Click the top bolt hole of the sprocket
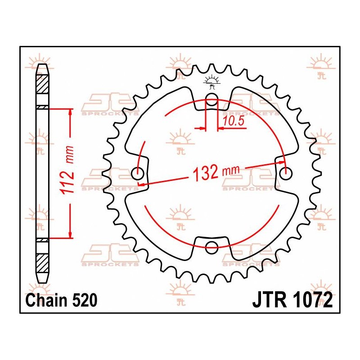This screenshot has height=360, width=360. coord(211,101)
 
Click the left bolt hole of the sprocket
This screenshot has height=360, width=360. coord(138,172)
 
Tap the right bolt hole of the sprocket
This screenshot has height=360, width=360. coord(285,172)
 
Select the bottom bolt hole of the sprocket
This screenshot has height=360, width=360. coord(211,245)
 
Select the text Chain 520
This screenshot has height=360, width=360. coord(61,300)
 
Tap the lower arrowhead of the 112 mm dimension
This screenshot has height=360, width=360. coord(70,234)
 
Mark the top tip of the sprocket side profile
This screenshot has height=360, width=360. coord(41,66)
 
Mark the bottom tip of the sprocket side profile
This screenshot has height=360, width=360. coord(41,281)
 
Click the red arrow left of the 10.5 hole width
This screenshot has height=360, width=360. coord(200,129)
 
